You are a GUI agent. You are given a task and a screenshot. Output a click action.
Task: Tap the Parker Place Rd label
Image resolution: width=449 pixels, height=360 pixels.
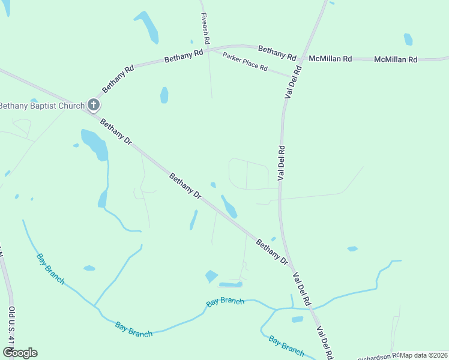click(245, 61)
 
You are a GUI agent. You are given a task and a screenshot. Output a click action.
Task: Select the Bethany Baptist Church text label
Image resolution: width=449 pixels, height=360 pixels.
click(41, 106)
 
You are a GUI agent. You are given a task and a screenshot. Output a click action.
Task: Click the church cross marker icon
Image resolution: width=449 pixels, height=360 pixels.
click(93, 106)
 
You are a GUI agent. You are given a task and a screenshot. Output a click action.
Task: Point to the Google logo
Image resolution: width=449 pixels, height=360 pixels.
click(20, 353)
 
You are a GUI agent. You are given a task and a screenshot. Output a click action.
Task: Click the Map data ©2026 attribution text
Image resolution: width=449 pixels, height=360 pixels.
click(424, 355)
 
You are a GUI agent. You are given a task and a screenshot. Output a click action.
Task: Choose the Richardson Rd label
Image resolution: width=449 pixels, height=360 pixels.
click(378, 356)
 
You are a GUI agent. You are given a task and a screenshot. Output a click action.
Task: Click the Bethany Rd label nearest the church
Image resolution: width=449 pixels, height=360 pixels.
click(118, 78)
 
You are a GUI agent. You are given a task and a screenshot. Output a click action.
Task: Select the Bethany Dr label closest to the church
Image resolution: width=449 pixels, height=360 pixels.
click(115, 132)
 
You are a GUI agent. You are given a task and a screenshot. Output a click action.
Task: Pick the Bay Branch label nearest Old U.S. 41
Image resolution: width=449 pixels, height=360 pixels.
click(50, 268)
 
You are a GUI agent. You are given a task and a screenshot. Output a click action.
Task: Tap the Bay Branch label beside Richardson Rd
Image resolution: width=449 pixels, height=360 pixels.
click(286, 345)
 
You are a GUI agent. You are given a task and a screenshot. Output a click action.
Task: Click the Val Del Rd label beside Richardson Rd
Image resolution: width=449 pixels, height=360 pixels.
click(325, 343)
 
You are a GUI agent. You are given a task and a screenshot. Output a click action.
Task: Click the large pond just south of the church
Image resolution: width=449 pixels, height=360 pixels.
click(95, 144)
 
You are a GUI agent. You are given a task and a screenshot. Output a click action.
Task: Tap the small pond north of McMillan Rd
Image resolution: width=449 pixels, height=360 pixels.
click(408, 39)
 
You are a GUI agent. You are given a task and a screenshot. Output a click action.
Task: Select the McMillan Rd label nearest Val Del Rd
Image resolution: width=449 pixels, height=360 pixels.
click(330, 59)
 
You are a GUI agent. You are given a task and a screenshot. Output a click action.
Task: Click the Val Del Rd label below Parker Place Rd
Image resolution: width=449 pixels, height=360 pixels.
click(280, 163)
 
